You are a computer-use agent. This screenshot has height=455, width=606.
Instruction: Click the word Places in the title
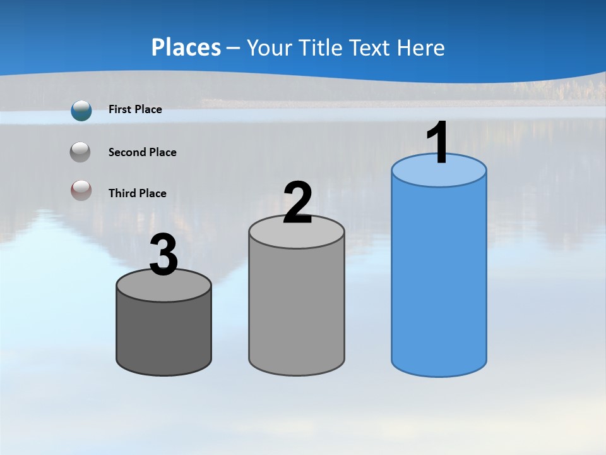[x=186, y=47]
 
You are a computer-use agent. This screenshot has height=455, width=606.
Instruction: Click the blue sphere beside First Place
[x=81, y=111]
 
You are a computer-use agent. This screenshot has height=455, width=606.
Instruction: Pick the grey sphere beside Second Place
[x=80, y=152]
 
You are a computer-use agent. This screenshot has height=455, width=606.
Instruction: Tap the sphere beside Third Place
[x=81, y=190]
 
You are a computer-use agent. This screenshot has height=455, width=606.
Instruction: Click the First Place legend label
[x=135, y=109]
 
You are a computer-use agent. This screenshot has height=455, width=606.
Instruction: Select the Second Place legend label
[x=142, y=152]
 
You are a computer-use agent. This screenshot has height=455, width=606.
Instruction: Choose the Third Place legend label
[x=137, y=193]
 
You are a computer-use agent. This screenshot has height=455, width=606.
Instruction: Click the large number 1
[x=438, y=143]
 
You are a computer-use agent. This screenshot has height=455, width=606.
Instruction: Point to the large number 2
[x=297, y=203]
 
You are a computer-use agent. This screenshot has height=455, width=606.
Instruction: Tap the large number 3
[x=163, y=256]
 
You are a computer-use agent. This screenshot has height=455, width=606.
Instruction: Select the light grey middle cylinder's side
[x=297, y=310]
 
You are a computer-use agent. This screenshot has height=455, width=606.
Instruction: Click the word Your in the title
[x=268, y=47]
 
